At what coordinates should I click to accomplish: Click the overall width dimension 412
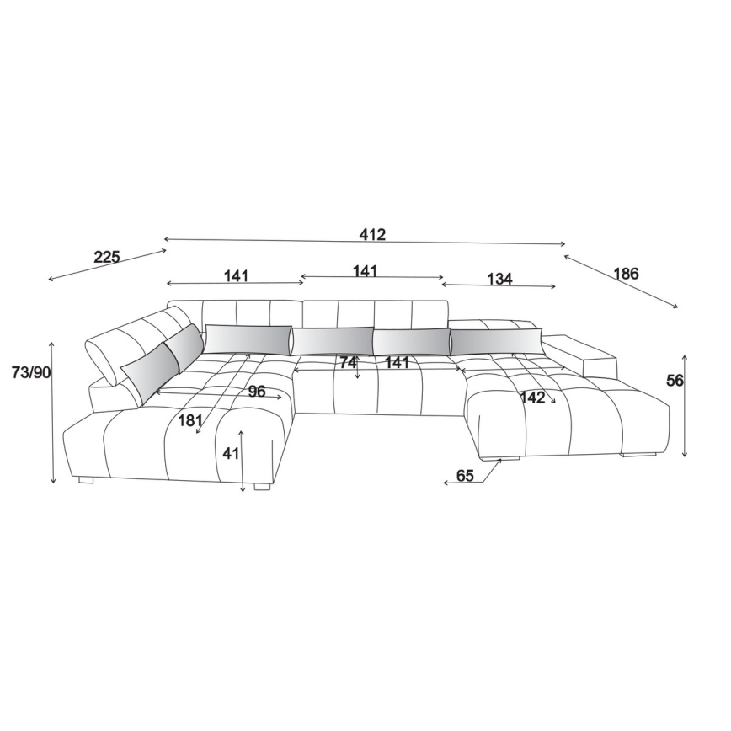pyautogui.click(x=372, y=234)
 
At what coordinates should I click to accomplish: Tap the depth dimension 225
pyautogui.click(x=107, y=256)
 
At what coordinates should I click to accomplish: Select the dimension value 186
pyautogui.click(x=626, y=273)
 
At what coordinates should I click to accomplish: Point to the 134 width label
pyautogui.click(x=499, y=279)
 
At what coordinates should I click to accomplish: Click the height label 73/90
pyautogui.click(x=31, y=372)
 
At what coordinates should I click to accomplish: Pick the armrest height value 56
pyautogui.click(x=674, y=381)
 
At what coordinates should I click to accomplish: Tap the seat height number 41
pyautogui.click(x=230, y=453)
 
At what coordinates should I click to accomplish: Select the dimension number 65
pyautogui.click(x=465, y=476)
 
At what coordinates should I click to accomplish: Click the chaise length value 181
pyautogui.click(x=189, y=420)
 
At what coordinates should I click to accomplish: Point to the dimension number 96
pyautogui.click(x=256, y=391)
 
